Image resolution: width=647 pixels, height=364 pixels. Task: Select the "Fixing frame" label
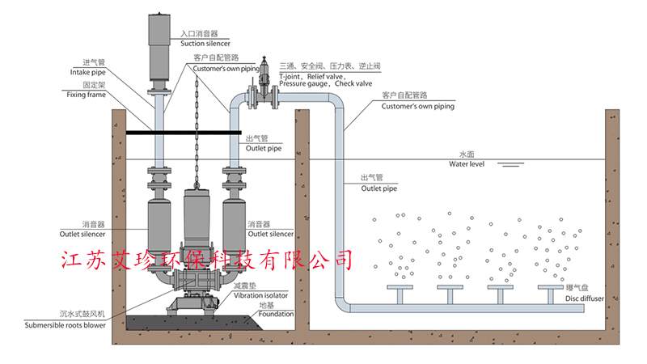click(86, 95)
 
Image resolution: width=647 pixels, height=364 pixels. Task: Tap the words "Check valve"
click(353, 83)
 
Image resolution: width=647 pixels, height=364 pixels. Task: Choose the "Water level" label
click(467, 164)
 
